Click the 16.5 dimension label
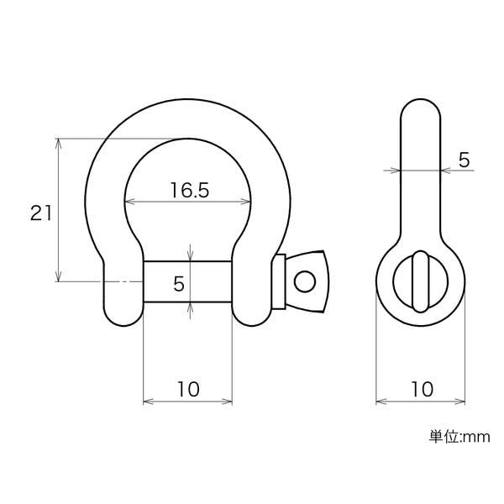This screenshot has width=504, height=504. (190, 190)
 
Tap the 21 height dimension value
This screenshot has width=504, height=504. (41, 213)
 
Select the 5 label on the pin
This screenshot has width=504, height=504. (179, 284)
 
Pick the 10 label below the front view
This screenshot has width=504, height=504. (188, 389)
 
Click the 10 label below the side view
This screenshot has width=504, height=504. (422, 389)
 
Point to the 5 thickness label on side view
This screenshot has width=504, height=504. (464, 160)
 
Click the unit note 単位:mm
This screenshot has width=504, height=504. (459, 437)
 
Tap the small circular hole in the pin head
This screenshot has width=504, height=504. (305, 281)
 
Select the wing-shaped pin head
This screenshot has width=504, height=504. (307, 281)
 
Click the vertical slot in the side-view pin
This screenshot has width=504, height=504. (421, 281)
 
